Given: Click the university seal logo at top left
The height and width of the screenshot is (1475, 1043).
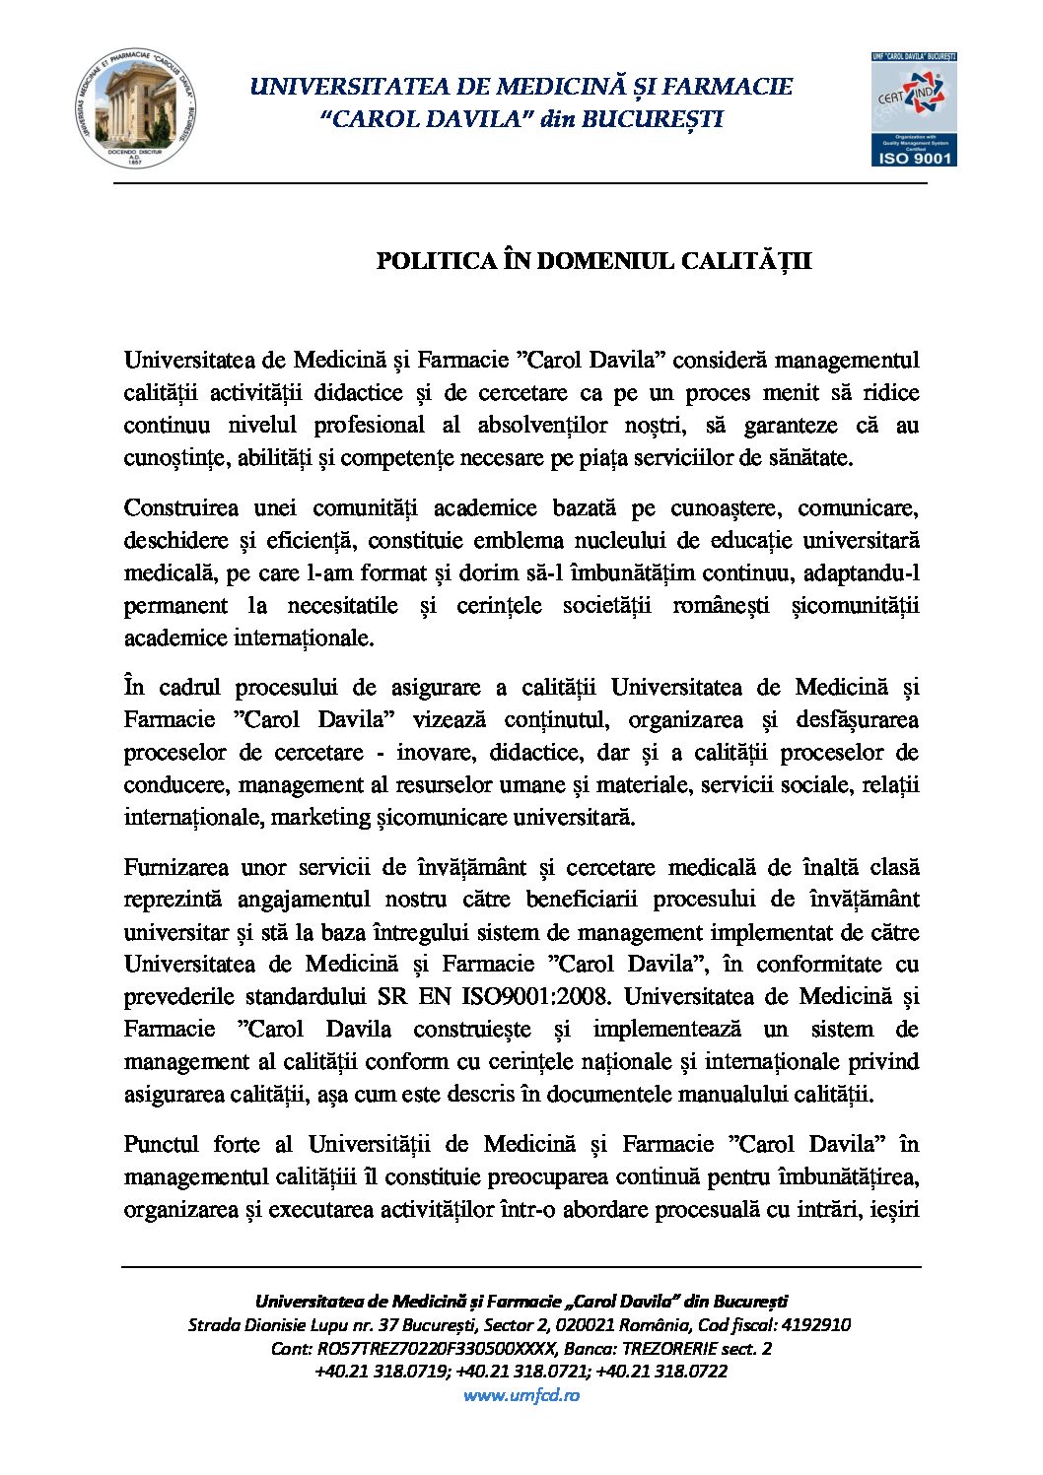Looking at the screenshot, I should (x=135, y=110).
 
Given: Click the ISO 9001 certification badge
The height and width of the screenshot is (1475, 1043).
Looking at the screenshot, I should (x=914, y=109).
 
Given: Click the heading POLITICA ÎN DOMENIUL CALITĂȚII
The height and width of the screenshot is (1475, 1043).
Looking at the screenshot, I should (x=593, y=261).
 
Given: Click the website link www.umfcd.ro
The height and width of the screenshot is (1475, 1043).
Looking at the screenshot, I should (x=521, y=1394).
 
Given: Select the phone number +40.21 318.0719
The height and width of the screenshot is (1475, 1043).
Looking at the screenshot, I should (x=381, y=1372).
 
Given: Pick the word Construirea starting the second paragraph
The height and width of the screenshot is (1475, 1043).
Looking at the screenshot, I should (x=180, y=508).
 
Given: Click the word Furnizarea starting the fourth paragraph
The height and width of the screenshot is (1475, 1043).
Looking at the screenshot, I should (x=176, y=867).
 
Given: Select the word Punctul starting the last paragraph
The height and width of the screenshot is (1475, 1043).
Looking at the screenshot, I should (x=162, y=1144).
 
